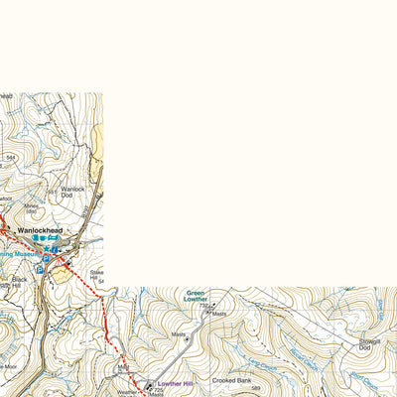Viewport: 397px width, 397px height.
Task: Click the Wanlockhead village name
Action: tap(41, 230)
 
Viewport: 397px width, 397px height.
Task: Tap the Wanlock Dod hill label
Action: tap(73, 192)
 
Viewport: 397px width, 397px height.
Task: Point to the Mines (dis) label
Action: tap(32, 207)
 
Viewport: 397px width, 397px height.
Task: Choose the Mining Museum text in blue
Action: tap(18, 255)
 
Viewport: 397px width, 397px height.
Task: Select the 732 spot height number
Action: tap(202, 306)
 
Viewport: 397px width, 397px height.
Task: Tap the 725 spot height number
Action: tap(158, 390)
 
